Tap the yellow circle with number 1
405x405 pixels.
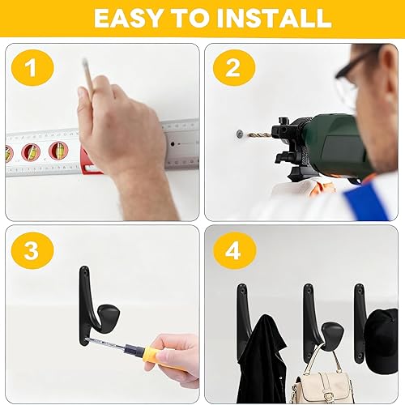point(32,69)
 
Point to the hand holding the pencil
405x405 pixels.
point(122,134)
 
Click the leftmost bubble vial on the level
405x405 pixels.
point(9,153)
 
